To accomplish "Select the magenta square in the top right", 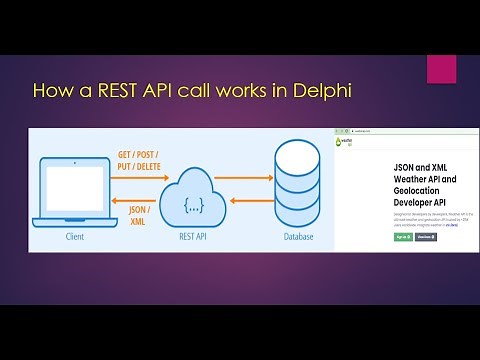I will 441,69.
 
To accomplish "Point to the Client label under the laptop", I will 76,237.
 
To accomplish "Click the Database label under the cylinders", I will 297,237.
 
